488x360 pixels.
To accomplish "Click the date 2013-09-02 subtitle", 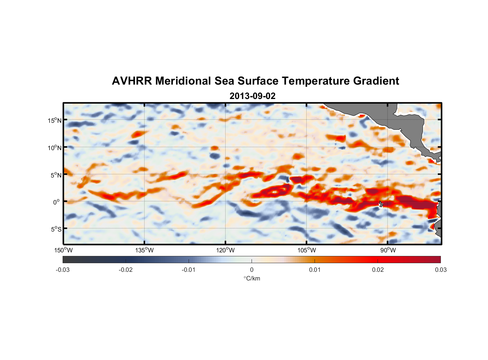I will tap(252, 96).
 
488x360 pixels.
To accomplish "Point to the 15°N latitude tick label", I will tap(55, 120).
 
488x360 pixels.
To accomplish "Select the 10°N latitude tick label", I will tap(55, 148).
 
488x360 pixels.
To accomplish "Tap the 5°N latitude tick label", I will tap(56, 175).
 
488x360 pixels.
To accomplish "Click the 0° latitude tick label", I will tap(57, 202).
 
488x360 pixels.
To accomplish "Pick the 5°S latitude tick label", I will tap(56, 229).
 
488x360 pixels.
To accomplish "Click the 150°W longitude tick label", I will tap(64, 250).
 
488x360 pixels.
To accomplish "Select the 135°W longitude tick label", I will tap(145, 250).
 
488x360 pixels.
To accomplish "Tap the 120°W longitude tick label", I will tap(226, 250).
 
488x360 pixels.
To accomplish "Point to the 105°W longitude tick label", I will tap(307, 250).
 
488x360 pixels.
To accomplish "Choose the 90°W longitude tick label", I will tap(388, 250).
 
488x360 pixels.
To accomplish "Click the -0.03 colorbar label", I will tap(63, 270).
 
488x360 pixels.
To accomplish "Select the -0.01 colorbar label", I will tap(189, 270).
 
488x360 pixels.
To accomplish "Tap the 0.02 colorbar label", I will tap(378, 270).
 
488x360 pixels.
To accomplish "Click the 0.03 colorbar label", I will tap(440, 270).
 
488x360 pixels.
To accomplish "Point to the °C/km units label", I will tap(252, 278).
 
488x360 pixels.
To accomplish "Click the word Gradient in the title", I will tap(376, 81).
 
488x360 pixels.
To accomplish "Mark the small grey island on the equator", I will tap(381, 204).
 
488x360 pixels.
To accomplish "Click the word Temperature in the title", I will tap(316, 81).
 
